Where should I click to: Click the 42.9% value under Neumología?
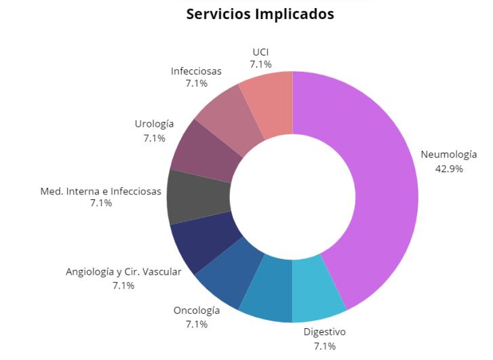pyautogui.click(x=448, y=169)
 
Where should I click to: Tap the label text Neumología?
pyautogui.click(x=448, y=155)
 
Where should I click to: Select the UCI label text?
pyautogui.click(x=260, y=52)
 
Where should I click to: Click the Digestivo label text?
pyautogui.click(x=324, y=332)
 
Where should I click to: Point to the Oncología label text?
pyautogui.click(x=197, y=311)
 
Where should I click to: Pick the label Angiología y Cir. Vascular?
pyautogui.click(x=123, y=272)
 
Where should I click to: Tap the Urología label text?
pyautogui.click(x=154, y=124)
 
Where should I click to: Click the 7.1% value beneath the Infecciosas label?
pyautogui.click(x=196, y=83)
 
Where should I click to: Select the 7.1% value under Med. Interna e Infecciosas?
pyautogui.click(x=101, y=203)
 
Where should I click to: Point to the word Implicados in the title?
pyautogui.click(x=298, y=14)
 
